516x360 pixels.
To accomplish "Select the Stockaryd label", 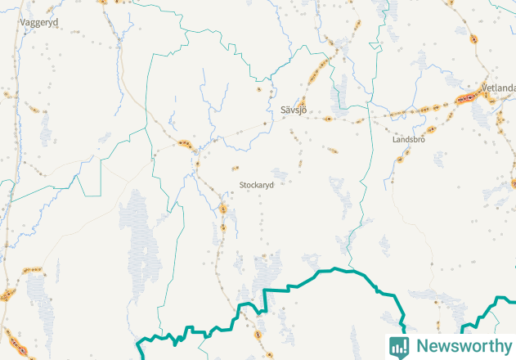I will [x=256, y=185].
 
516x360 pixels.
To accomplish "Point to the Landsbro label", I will [x=409, y=140].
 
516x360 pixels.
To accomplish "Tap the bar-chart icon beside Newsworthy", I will [x=399, y=346].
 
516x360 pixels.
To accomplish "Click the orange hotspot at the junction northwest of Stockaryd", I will [x=184, y=144].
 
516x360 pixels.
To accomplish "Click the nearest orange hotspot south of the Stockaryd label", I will [x=222, y=209].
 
